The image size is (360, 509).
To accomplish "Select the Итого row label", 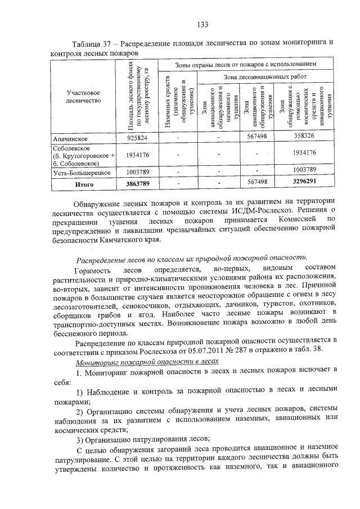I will click(x=81, y=183).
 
